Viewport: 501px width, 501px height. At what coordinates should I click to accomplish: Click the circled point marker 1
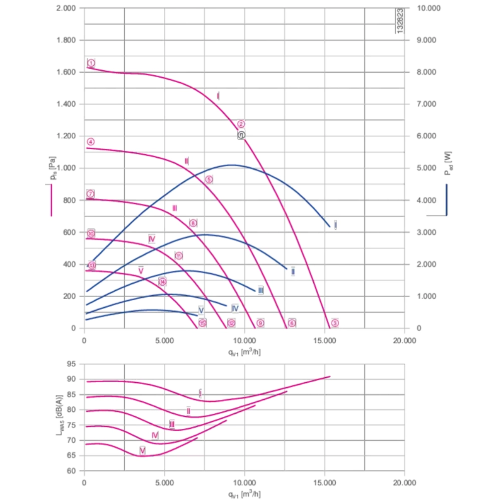click(x=91, y=63)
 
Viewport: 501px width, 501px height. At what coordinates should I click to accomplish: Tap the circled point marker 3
click(x=335, y=323)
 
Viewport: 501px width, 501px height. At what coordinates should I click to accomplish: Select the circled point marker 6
click(x=292, y=323)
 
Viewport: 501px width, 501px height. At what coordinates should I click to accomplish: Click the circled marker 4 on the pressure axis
click(x=90, y=141)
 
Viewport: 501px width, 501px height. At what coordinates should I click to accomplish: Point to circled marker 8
click(x=193, y=223)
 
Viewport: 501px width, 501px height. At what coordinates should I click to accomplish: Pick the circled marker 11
click(x=179, y=256)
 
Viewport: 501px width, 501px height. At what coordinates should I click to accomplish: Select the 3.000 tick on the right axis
click(x=427, y=232)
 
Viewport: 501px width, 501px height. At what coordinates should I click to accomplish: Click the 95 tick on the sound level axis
click(x=73, y=364)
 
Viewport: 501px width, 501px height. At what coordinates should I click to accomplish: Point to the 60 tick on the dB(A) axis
click(x=73, y=471)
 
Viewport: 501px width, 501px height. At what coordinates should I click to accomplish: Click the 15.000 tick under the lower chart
click(x=324, y=483)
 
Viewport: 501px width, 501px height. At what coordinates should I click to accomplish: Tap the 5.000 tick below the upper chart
click(x=164, y=341)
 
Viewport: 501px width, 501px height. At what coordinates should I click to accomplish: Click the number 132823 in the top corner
click(x=400, y=21)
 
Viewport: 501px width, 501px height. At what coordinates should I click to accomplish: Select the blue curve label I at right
click(x=336, y=225)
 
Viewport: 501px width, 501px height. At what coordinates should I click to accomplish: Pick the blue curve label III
click(x=261, y=291)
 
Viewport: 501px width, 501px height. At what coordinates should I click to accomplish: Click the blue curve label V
click(x=201, y=310)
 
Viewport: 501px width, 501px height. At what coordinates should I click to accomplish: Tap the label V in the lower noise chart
click(x=143, y=451)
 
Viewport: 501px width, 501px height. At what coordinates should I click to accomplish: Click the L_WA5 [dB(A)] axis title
click(x=60, y=417)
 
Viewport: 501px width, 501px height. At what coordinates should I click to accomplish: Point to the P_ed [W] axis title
click(x=447, y=163)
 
